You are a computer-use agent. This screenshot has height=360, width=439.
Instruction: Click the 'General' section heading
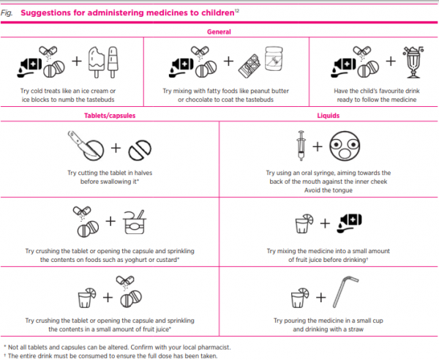219,32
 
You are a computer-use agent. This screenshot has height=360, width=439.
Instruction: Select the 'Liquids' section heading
329,116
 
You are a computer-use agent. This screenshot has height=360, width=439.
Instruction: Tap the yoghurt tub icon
133,220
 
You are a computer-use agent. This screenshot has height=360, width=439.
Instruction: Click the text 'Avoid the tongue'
329,190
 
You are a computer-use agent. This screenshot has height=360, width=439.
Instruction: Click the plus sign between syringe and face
317,146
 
